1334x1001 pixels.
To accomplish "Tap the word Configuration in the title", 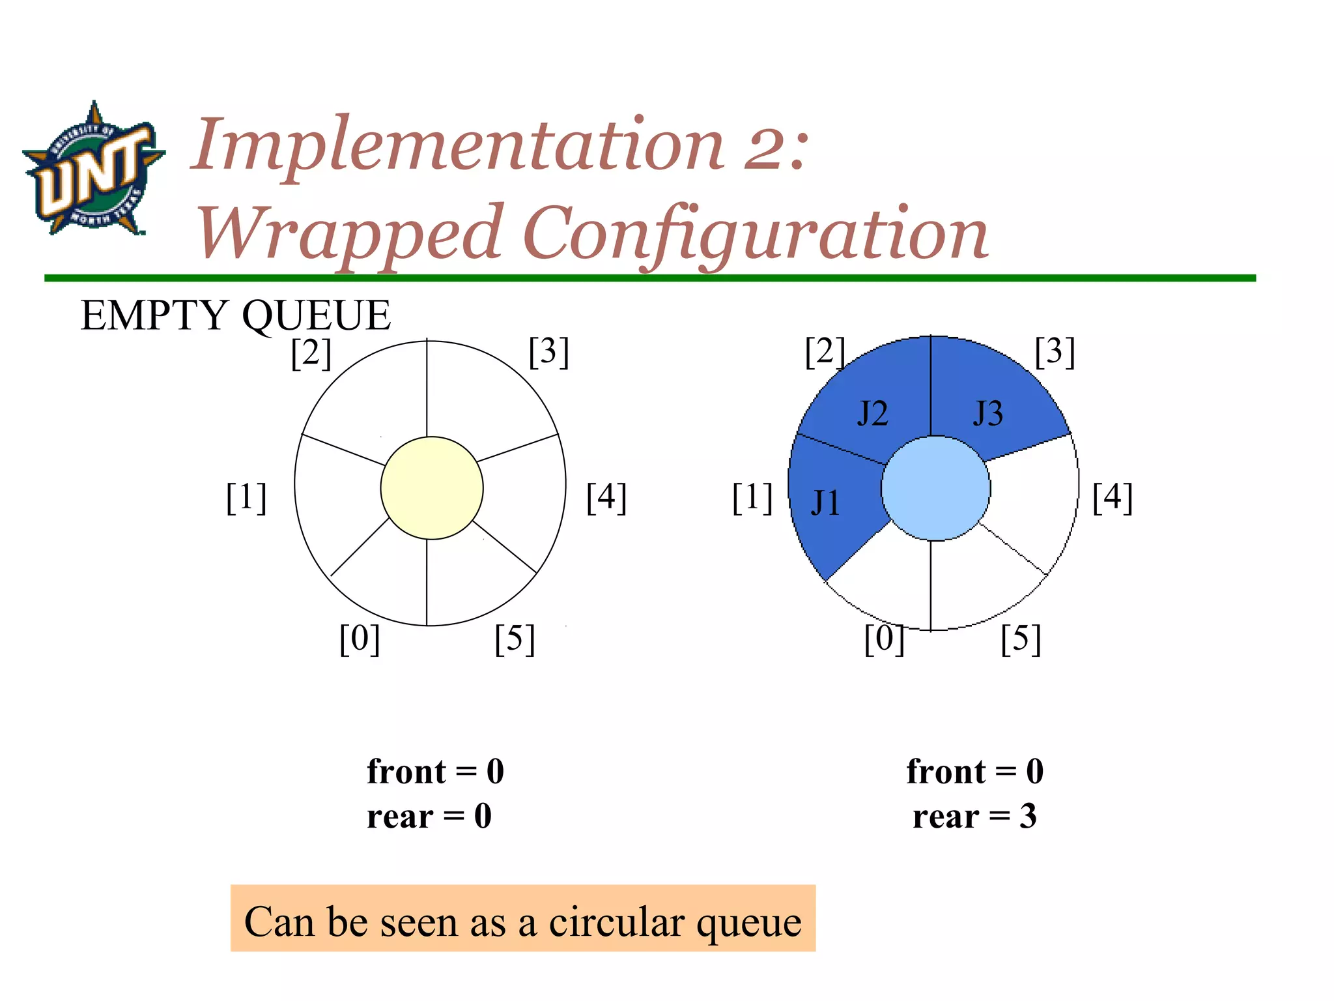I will pyautogui.click(x=756, y=233).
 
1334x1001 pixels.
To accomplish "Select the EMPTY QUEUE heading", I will pyautogui.click(x=235, y=315).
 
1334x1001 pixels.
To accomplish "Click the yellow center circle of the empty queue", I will pyautogui.click(x=432, y=488).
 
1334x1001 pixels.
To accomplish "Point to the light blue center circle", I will pyautogui.click(x=935, y=488).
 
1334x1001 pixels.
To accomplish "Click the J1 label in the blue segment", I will pyautogui.click(x=825, y=503).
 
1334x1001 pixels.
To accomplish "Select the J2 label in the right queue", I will pyautogui.click(x=872, y=413).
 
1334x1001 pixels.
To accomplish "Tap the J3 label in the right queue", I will pyautogui.click(x=988, y=413).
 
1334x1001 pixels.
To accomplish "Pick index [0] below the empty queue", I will pyautogui.click(x=360, y=639).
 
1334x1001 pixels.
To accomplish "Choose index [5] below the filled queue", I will pyautogui.click(x=1021, y=639).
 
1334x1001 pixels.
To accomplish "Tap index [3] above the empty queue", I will pyautogui.click(x=549, y=352).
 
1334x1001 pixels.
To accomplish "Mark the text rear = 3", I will pyautogui.click(x=974, y=816).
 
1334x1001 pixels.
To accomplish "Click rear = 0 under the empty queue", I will pyautogui.click(x=429, y=816).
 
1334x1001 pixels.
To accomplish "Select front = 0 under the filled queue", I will pyautogui.click(x=974, y=772).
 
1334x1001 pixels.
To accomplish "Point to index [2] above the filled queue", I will pyautogui.click(x=825, y=352).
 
